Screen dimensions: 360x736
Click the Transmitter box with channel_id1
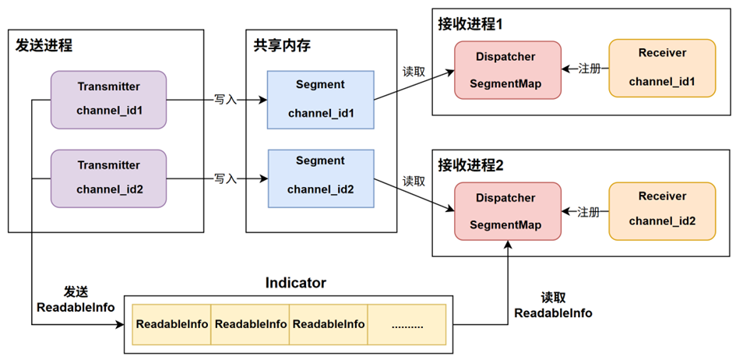point(108,99)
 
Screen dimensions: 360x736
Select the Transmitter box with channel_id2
point(108,178)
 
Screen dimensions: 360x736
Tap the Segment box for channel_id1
point(320,99)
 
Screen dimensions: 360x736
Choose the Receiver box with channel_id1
point(661,68)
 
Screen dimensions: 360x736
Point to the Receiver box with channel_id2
point(661,210)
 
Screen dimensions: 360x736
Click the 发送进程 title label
point(44,45)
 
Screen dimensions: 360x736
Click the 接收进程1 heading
point(470,23)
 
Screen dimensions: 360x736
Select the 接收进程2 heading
point(470,165)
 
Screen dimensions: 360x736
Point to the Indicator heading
point(295,282)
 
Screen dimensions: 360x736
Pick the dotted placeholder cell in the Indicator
point(406,323)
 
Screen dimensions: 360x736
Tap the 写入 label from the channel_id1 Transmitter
point(226,100)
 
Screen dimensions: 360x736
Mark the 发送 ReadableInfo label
point(76,299)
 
